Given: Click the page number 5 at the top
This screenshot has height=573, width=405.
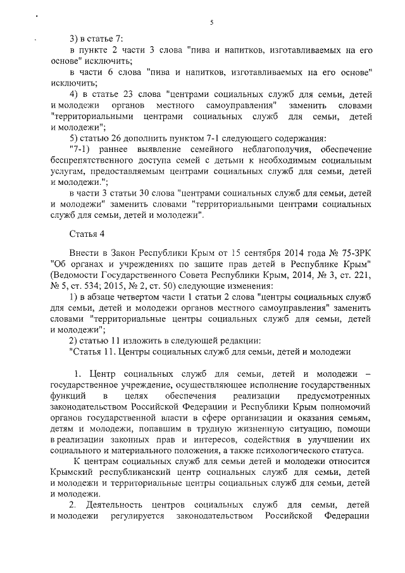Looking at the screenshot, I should pos(211,23).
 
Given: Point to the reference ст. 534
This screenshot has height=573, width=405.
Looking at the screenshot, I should pos(87,284).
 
